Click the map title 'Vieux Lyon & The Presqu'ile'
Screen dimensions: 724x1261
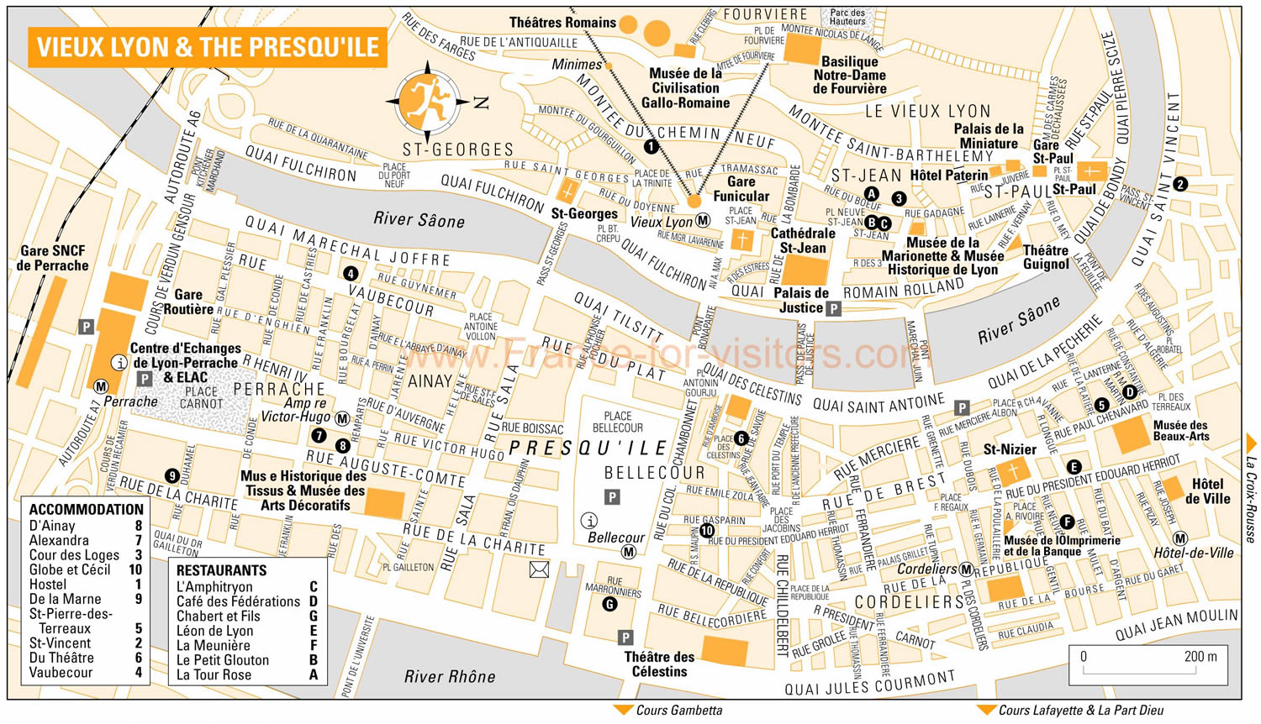208,47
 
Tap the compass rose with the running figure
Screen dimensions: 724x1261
428,102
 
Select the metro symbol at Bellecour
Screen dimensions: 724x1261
628,552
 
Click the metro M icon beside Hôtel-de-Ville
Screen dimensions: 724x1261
1180,538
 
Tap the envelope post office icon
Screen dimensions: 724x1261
539,570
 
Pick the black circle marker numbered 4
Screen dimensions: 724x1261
351,273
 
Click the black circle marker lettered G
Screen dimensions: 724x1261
609,604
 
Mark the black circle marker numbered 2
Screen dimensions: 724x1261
1180,184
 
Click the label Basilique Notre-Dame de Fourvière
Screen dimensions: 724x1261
849,75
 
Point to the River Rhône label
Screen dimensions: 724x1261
450,676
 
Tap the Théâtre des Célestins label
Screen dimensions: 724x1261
659,664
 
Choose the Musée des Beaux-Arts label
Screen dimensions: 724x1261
1180,430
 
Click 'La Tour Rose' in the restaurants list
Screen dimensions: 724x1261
214,674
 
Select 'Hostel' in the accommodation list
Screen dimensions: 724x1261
48,585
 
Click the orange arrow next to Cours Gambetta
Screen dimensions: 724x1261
623,711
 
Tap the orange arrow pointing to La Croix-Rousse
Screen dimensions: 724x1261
1251,443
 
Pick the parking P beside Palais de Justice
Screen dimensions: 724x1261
833,308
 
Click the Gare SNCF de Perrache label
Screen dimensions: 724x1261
52,258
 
